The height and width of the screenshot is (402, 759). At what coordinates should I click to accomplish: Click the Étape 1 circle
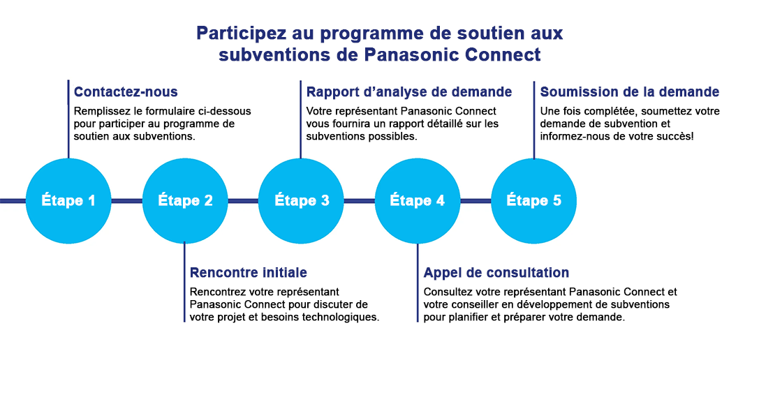click(68, 201)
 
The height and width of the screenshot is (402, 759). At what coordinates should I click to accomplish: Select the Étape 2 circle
click(185, 201)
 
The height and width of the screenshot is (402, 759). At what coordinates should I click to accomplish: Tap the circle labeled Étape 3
click(302, 201)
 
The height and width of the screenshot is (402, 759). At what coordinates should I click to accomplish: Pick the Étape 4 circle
click(418, 201)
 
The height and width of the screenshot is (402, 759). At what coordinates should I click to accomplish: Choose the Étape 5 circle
click(534, 201)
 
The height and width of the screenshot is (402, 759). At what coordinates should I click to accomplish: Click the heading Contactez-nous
click(126, 92)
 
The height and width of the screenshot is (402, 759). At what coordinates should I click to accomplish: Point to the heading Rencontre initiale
click(248, 273)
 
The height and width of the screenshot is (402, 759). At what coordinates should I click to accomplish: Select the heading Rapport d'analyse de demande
click(409, 92)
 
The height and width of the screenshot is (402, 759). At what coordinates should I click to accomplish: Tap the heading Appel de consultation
click(496, 273)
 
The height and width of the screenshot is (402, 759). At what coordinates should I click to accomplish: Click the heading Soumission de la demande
click(629, 92)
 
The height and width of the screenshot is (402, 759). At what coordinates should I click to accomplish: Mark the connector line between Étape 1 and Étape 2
click(126, 201)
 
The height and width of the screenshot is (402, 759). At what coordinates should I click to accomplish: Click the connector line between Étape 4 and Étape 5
click(476, 201)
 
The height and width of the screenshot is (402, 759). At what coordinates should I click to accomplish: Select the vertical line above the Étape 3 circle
click(301, 119)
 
